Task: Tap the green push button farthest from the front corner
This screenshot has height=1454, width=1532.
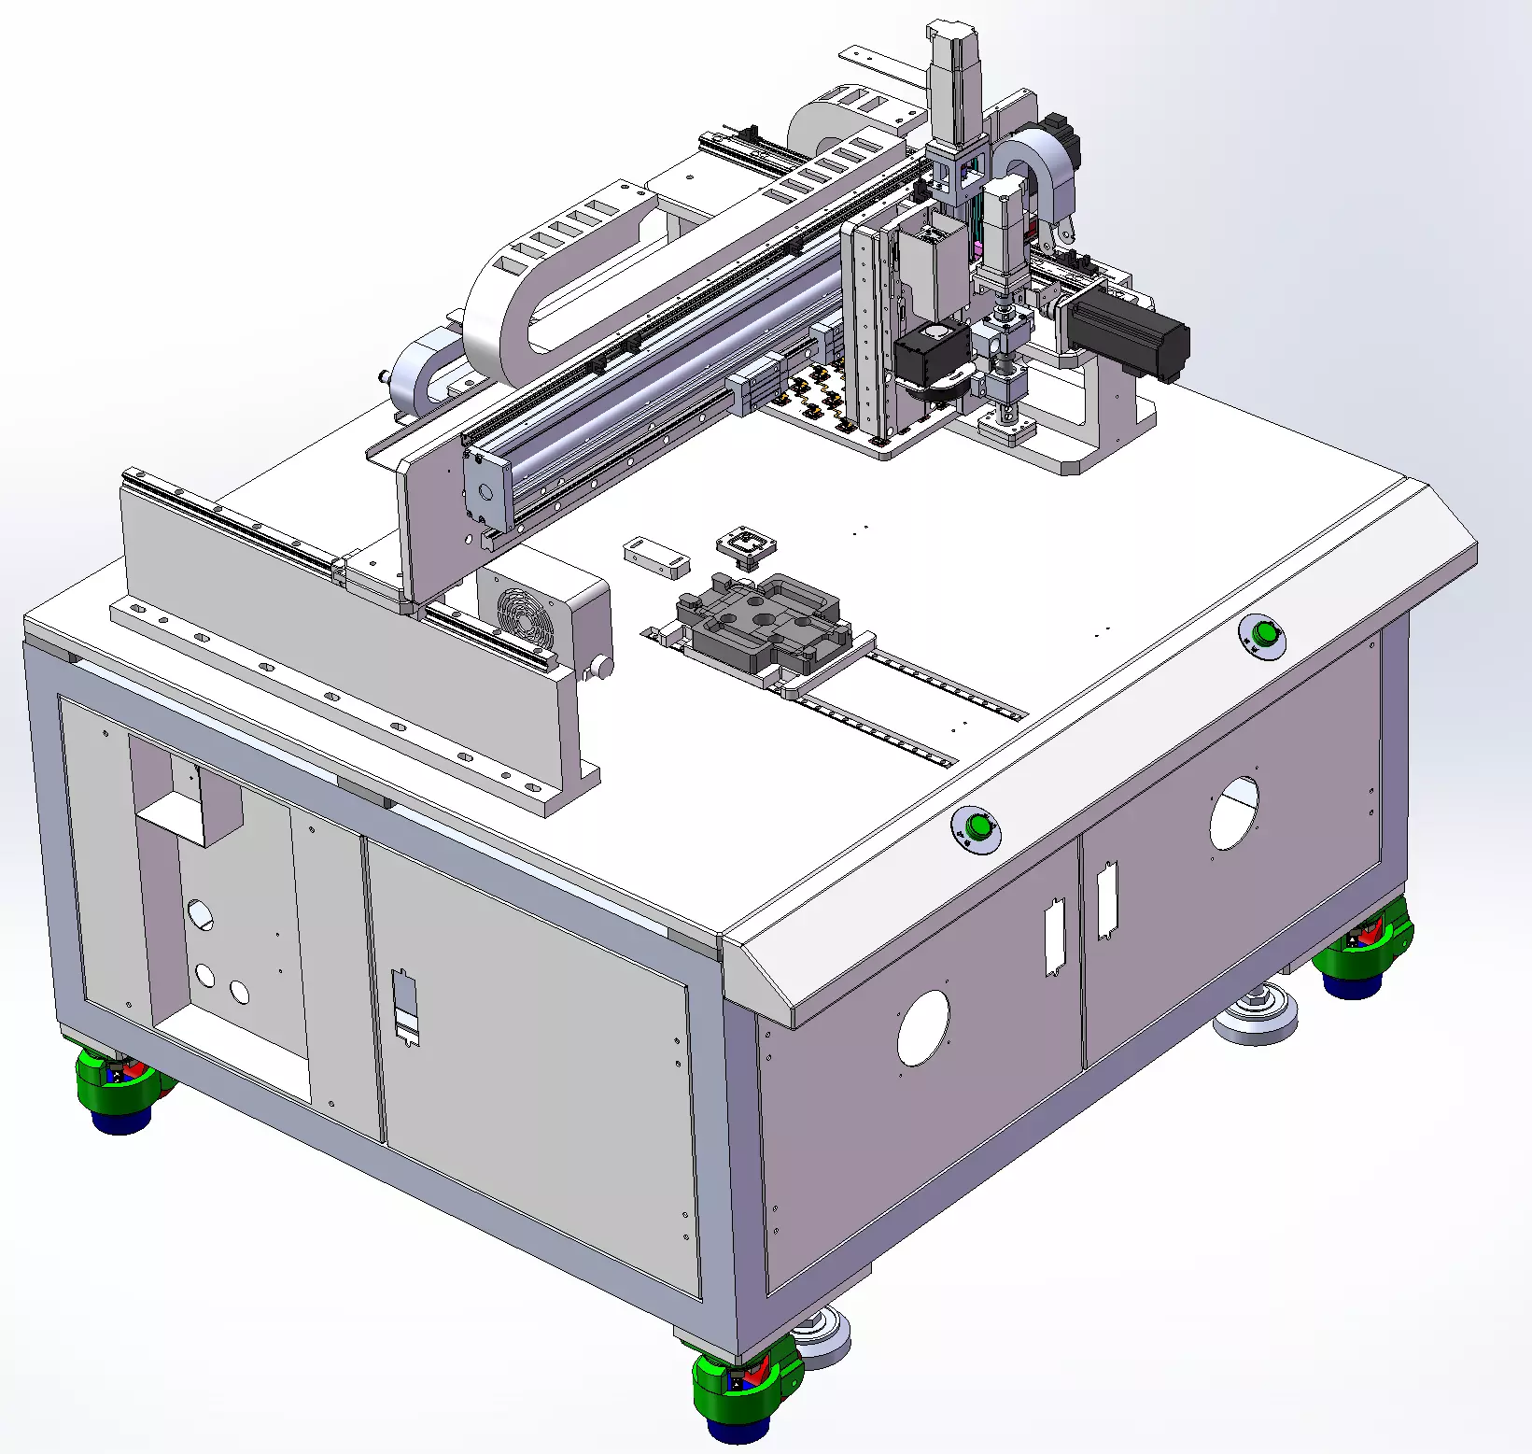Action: [x=1265, y=633]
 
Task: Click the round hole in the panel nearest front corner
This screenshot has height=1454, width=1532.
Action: [x=923, y=1027]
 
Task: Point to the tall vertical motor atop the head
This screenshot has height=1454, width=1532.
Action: [x=953, y=84]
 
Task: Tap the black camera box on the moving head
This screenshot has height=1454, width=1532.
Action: [x=932, y=355]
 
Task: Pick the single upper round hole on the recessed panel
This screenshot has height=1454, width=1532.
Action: [x=200, y=912]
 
